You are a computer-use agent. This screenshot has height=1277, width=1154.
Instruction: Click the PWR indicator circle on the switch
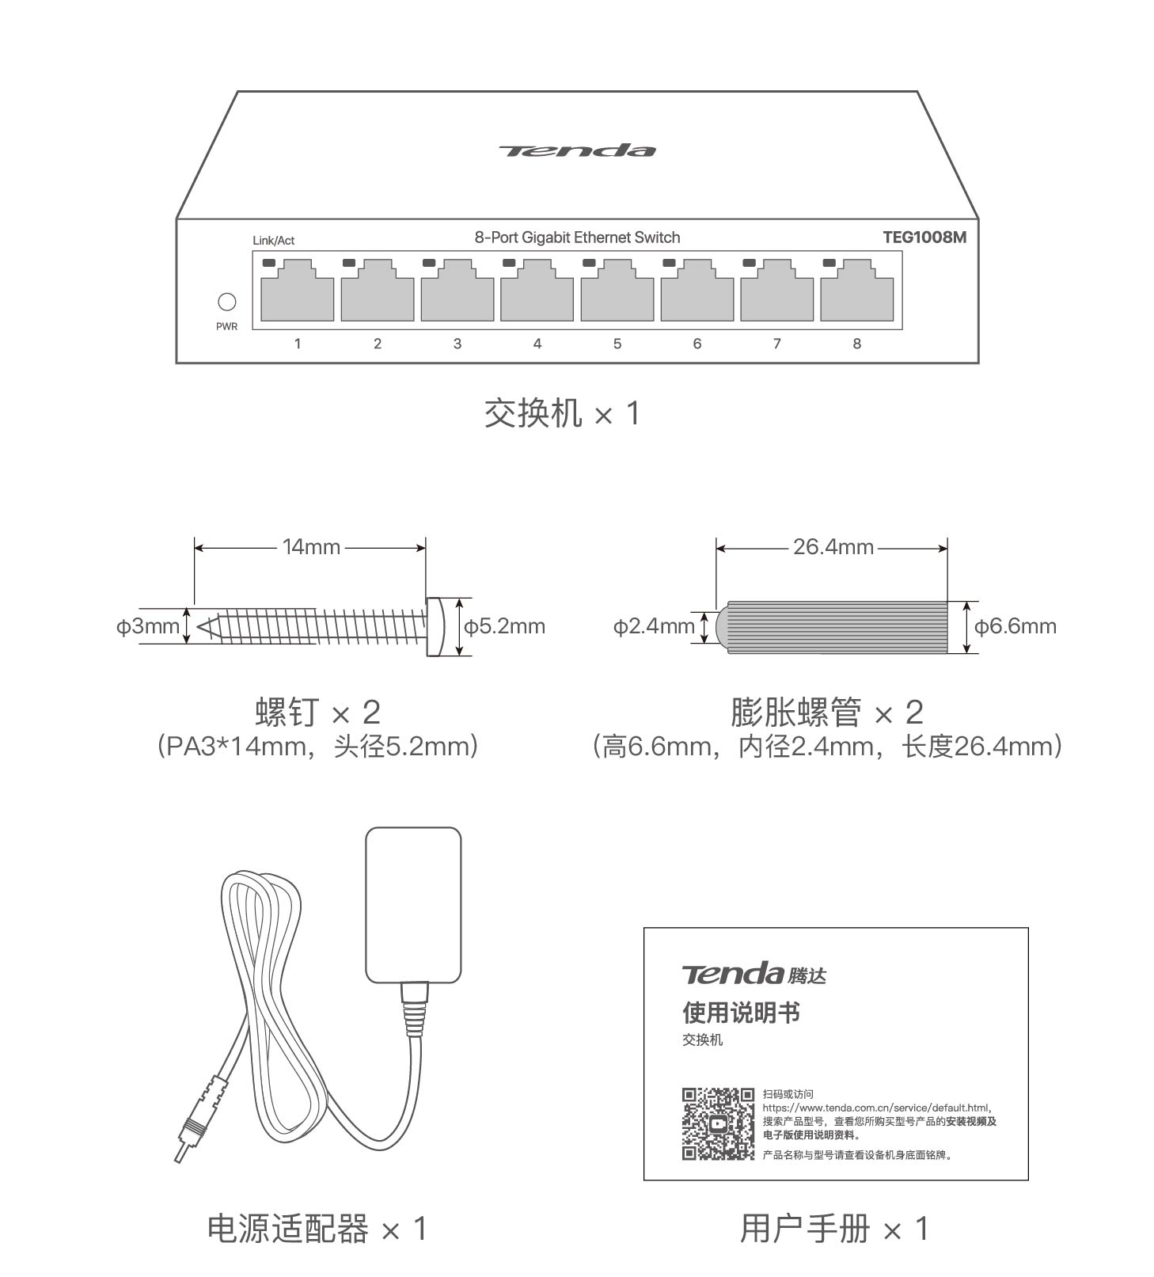[226, 302]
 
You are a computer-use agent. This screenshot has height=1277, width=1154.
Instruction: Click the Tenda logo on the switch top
[577, 150]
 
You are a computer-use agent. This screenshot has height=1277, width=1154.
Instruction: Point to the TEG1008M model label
[924, 237]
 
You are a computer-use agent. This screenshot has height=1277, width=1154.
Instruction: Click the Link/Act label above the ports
[273, 241]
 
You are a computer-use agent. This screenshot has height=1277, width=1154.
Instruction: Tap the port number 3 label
[457, 344]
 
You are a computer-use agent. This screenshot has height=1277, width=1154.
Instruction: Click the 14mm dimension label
[311, 547]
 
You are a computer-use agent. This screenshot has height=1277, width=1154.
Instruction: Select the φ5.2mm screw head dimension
[504, 626]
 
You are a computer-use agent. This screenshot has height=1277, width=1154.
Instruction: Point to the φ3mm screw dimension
[148, 626]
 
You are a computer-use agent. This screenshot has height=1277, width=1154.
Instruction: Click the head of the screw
[435, 626]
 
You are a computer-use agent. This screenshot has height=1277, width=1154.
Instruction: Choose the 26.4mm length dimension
[833, 547]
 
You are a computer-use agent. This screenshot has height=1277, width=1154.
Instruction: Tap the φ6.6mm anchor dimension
[1015, 626]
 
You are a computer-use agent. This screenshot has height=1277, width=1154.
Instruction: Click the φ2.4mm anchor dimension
[654, 626]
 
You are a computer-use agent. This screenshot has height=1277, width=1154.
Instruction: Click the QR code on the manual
[718, 1123]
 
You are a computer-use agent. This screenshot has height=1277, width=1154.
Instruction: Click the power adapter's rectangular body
[413, 905]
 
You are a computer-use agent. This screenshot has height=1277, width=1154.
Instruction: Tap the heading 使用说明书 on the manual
[741, 1013]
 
